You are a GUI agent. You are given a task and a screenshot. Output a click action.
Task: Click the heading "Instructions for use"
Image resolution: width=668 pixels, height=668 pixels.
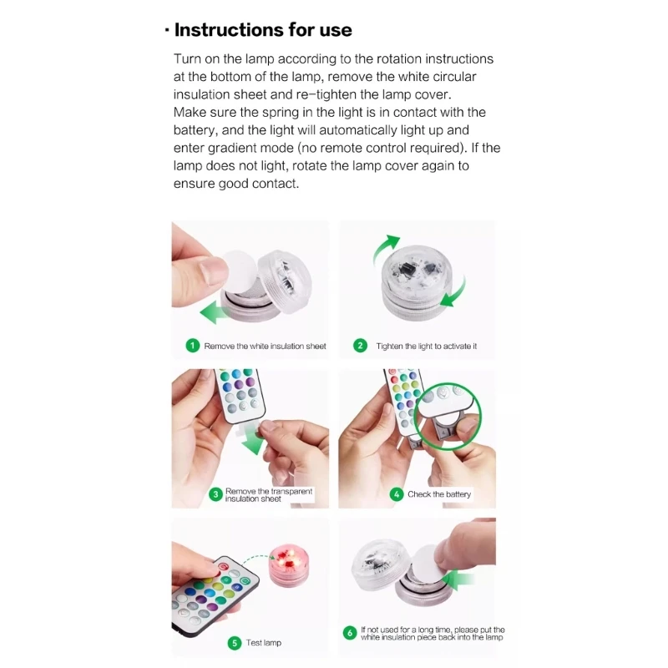tap(263, 30)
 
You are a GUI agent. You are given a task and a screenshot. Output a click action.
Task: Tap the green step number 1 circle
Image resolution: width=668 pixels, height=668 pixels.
tap(193, 346)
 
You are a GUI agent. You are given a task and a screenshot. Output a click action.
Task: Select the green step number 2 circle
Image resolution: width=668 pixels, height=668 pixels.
tap(361, 346)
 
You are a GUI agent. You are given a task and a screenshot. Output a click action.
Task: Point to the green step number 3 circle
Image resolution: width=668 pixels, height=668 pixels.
tap(215, 494)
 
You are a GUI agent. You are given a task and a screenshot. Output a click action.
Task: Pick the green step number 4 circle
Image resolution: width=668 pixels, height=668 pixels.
tap(397, 494)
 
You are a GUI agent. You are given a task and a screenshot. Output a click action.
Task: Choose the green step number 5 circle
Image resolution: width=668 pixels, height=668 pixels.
tap(235, 643)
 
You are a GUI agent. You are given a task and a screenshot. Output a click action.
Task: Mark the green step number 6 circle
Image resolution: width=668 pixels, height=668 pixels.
tap(350, 633)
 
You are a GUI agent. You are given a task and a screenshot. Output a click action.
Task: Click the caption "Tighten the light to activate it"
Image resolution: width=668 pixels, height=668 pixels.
tap(427, 346)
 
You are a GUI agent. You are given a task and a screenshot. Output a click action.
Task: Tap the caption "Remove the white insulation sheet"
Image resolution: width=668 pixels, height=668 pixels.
tap(265, 346)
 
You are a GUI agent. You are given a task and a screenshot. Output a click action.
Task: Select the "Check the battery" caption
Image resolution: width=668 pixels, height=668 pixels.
tap(439, 494)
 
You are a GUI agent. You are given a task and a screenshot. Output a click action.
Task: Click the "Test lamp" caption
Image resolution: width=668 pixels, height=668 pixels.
tap(264, 643)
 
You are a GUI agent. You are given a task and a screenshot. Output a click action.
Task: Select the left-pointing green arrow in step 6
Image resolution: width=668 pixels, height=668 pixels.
tap(457, 580)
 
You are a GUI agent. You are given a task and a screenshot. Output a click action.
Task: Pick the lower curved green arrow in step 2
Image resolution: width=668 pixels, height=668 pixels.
tap(454, 293)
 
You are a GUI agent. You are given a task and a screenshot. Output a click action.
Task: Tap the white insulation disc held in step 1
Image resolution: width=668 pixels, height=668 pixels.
tap(240, 271)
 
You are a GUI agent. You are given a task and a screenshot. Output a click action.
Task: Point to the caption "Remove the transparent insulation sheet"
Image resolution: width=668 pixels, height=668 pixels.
tap(269, 494)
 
